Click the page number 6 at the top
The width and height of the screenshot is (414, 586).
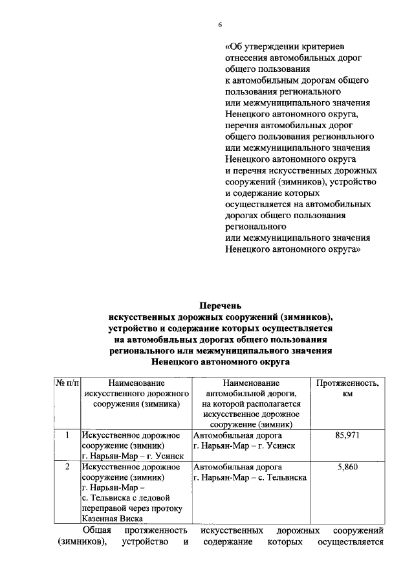[219, 24]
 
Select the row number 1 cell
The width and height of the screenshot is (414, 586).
[67, 435]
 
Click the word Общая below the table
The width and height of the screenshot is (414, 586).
[98, 530]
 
